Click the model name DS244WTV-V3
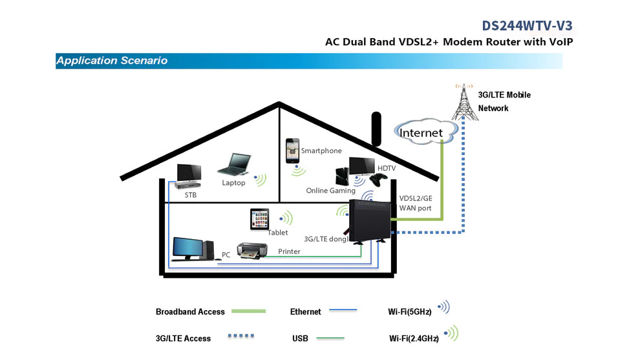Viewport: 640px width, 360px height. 527,25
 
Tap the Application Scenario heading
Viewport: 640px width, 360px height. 112,61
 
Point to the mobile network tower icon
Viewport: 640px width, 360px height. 464,101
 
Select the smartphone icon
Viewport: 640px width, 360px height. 293,151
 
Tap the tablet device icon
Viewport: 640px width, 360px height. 260,218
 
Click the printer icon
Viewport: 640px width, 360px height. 252,250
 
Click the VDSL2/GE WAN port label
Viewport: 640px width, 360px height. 415,204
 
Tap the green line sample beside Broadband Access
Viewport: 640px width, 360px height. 248,311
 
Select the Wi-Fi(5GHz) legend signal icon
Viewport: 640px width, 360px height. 443,308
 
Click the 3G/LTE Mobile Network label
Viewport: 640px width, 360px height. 504,101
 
